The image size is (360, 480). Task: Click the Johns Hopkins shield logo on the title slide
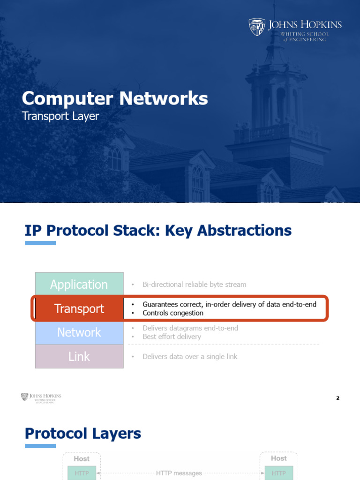click(x=257, y=27)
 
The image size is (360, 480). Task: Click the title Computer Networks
click(x=115, y=98)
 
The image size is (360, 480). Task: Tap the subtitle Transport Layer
click(x=60, y=116)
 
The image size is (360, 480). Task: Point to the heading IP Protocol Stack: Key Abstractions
click(x=158, y=230)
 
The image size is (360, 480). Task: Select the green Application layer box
click(x=79, y=285)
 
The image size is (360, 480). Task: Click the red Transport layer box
click(x=79, y=308)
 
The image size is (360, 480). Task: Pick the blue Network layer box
click(x=79, y=332)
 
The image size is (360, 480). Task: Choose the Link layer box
click(x=79, y=356)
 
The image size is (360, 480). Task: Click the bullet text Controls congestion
click(x=173, y=313)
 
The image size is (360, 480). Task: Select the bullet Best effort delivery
click(x=172, y=337)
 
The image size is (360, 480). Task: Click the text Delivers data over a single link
click(x=190, y=356)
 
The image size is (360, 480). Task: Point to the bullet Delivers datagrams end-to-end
click(x=190, y=328)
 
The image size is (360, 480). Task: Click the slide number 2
click(x=337, y=398)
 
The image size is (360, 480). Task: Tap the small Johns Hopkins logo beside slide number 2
click(x=41, y=398)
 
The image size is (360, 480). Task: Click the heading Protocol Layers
click(x=83, y=433)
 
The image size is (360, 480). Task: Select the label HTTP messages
click(x=179, y=473)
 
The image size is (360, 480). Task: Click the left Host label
click(x=82, y=458)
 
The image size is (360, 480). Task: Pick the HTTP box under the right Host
click(x=279, y=473)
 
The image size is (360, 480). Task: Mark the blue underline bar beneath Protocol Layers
click(x=40, y=446)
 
